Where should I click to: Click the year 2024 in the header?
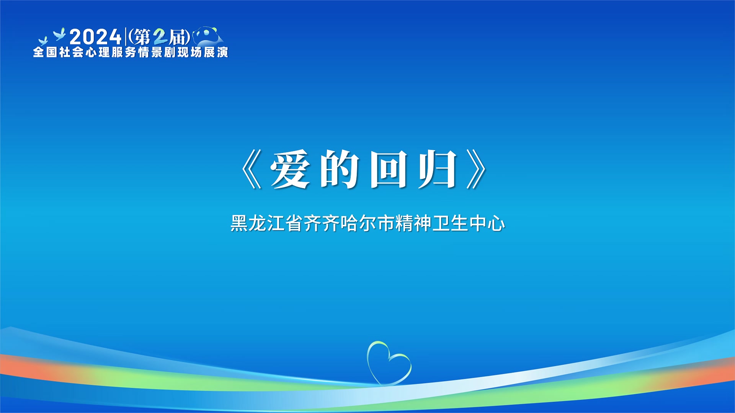[95, 37]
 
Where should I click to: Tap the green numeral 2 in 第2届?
[160, 37]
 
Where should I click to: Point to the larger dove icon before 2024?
[60, 34]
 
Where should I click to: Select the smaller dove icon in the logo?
[43, 41]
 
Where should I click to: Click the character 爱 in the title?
[290, 169]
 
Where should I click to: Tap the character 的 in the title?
[340, 169]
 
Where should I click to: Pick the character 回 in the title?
[388, 169]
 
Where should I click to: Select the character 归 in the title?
[437, 169]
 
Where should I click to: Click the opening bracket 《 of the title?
[252, 169]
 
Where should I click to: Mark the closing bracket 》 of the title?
[476, 169]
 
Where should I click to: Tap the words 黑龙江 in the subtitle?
[258, 223]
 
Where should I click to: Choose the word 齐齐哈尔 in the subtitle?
[340, 223]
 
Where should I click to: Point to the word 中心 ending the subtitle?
[487, 223]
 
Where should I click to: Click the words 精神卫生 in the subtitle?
[432, 223]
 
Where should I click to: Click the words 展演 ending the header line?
[216, 52]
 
